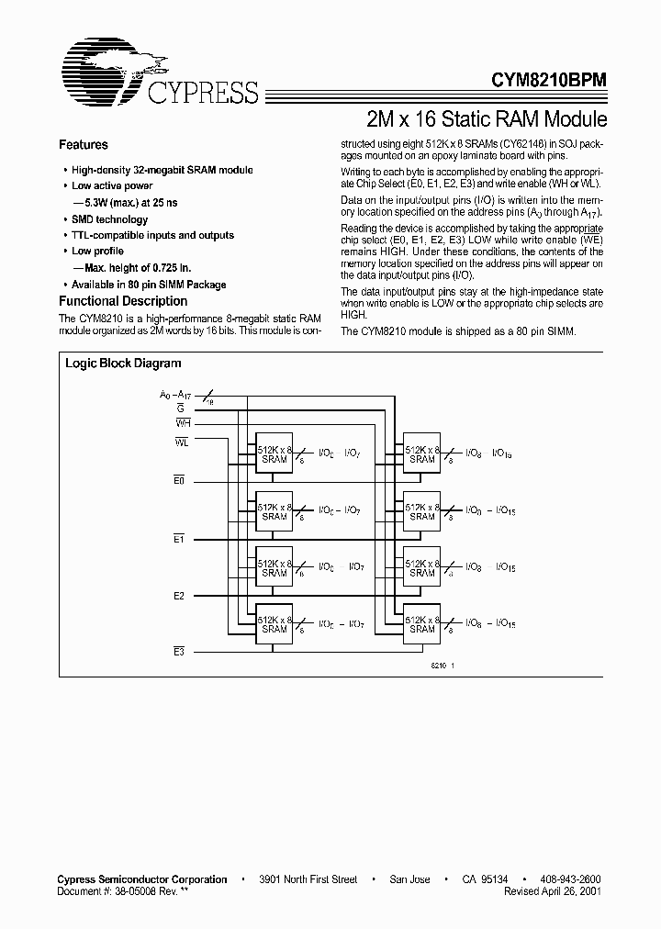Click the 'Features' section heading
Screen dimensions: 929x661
pyautogui.click(x=83, y=145)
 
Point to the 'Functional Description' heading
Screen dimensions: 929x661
pyautogui.click(x=122, y=301)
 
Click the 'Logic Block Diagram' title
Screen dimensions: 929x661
pyautogui.click(x=123, y=364)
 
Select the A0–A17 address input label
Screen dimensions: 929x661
pyautogui.click(x=174, y=395)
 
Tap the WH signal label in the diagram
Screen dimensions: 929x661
pyautogui.click(x=183, y=423)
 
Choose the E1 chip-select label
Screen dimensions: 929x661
pyautogui.click(x=180, y=539)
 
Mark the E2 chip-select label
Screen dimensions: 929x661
pyautogui.click(x=180, y=596)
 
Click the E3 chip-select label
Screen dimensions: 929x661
pyautogui.click(x=180, y=651)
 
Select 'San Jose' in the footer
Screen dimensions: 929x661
pyautogui.click(x=409, y=879)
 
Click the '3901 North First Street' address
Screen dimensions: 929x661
pyautogui.click(x=308, y=879)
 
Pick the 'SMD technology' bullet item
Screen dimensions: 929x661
pyautogui.click(x=109, y=219)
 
